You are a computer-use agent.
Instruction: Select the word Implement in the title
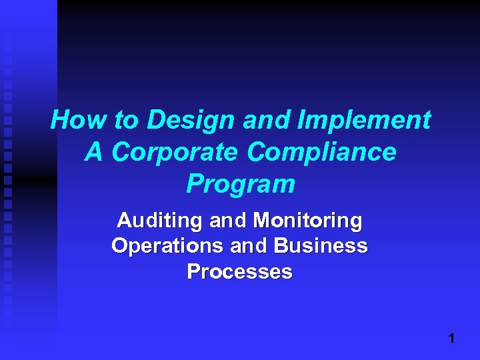[365, 121]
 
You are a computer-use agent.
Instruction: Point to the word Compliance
[322, 153]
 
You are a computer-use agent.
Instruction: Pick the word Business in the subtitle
[321, 246]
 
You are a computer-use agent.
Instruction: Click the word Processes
[240, 271]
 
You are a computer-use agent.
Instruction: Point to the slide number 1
[451, 339]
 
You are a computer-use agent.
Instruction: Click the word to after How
[125, 121]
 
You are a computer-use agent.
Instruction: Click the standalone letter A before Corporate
[94, 152]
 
